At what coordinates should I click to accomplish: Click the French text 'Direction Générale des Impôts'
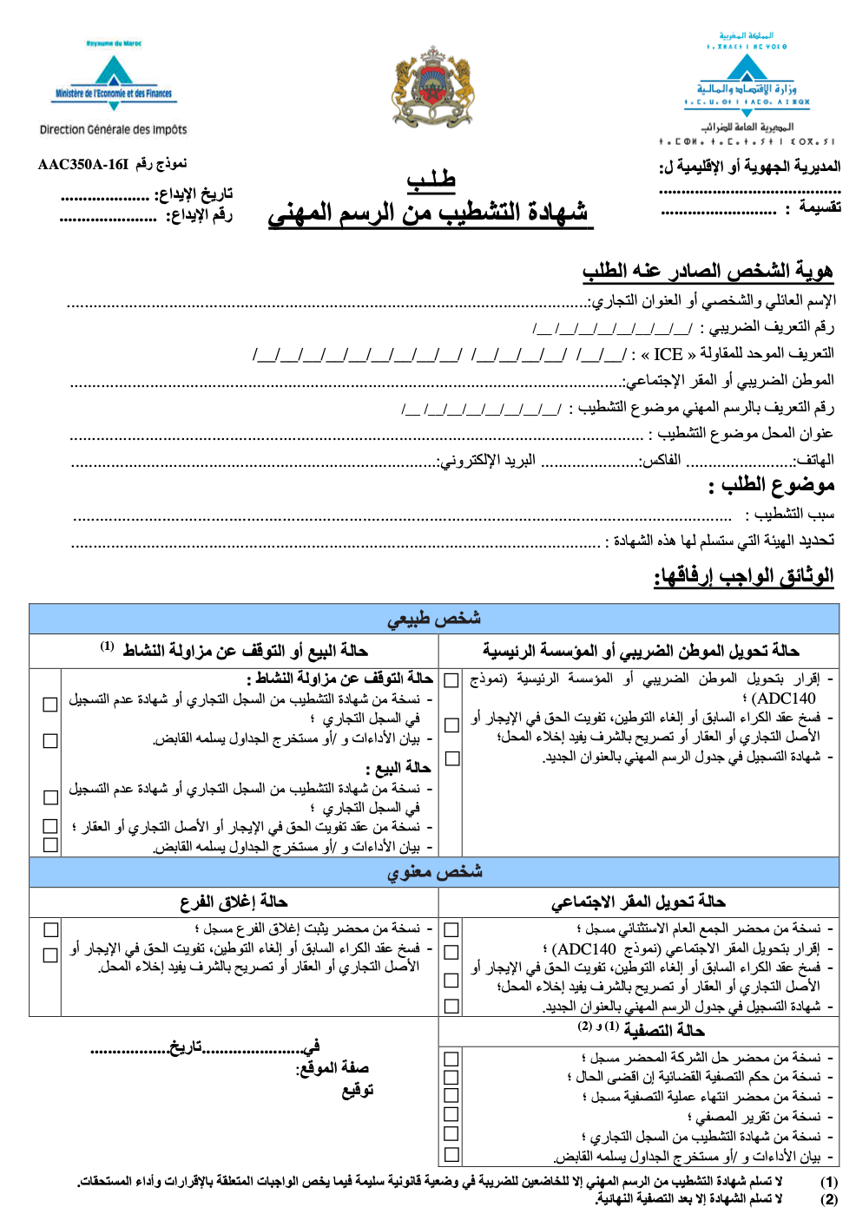(113, 129)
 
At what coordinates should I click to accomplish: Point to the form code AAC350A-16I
(82, 164)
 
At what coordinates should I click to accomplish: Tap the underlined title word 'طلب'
(431, 180)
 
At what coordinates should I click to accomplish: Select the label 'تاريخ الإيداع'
(193, 194)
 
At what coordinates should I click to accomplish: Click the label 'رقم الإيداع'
(199, 215)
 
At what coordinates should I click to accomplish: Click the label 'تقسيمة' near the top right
(820, 207)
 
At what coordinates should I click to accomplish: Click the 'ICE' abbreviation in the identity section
(668, 354)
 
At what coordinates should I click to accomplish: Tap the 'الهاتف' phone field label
(814, 460)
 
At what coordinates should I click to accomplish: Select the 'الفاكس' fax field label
(661, 460)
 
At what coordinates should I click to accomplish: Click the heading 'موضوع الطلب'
(772, 485)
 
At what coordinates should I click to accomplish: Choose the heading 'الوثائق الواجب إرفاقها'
(744, 576)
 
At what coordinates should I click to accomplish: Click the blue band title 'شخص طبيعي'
(434, 619)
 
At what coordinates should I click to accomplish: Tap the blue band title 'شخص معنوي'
(434, 872)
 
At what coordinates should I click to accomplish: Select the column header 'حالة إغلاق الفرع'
(234, 902)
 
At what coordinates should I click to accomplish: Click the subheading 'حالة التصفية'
(663, 1030)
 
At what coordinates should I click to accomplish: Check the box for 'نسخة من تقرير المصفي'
(451, 1115)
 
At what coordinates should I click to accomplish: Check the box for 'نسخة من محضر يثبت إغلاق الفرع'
(51, 929)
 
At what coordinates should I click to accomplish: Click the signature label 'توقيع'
(357, 1090)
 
